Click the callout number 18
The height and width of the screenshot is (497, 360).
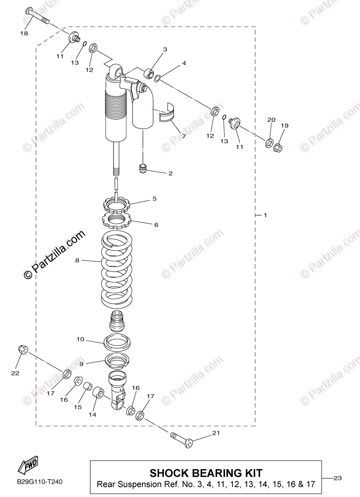(x=24, y=33)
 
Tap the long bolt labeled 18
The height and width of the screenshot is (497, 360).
(x=37, y=16)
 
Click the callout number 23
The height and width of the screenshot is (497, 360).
(x=337, y=478)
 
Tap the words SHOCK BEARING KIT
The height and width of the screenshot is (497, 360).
(x=206, y=473)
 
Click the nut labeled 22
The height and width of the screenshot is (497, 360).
(x=23, y=350)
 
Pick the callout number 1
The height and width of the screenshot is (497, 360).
(x=265, y=215)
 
